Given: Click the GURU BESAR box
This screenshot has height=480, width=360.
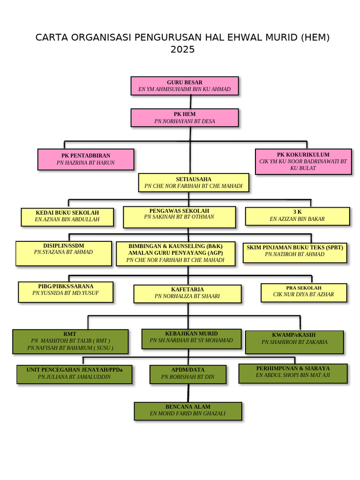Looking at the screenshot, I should (x=184, y=86).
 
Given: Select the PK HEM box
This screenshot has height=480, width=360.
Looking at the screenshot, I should (x=184, y=118).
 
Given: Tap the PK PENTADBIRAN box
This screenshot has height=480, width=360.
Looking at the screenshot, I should (x=85, y=159).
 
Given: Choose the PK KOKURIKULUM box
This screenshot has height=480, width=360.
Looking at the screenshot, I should (x=303, y=161).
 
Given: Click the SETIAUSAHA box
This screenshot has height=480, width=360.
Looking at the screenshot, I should (x=193, y=183).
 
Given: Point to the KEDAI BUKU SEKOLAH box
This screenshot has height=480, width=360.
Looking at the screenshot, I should (x=67, y=217).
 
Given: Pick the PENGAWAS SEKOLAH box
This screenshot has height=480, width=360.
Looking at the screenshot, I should (x=179, y=217).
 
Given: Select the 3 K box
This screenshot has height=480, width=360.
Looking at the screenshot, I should (x=297, y=216).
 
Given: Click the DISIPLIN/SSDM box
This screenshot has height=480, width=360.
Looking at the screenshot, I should (x=63, y=253).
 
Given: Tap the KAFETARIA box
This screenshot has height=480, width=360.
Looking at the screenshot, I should (x=187, y=293).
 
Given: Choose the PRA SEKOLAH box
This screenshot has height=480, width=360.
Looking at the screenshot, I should (x=304, y=292).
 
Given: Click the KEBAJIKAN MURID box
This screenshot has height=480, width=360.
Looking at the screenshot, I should (x=191, y=338).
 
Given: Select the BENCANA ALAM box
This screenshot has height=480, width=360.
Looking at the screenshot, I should (x=187, y=411).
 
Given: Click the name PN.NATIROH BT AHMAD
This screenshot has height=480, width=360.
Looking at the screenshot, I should (x=294, y=255).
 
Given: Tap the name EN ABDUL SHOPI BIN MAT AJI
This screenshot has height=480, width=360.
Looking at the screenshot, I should (x=293, y=375).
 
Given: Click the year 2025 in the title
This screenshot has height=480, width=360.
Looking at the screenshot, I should (x=182, y=50).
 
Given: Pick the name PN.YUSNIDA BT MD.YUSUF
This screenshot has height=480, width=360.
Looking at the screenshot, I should (x=66, y=293).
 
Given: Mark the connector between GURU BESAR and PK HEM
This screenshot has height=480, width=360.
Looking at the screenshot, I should (x=190, y=102).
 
